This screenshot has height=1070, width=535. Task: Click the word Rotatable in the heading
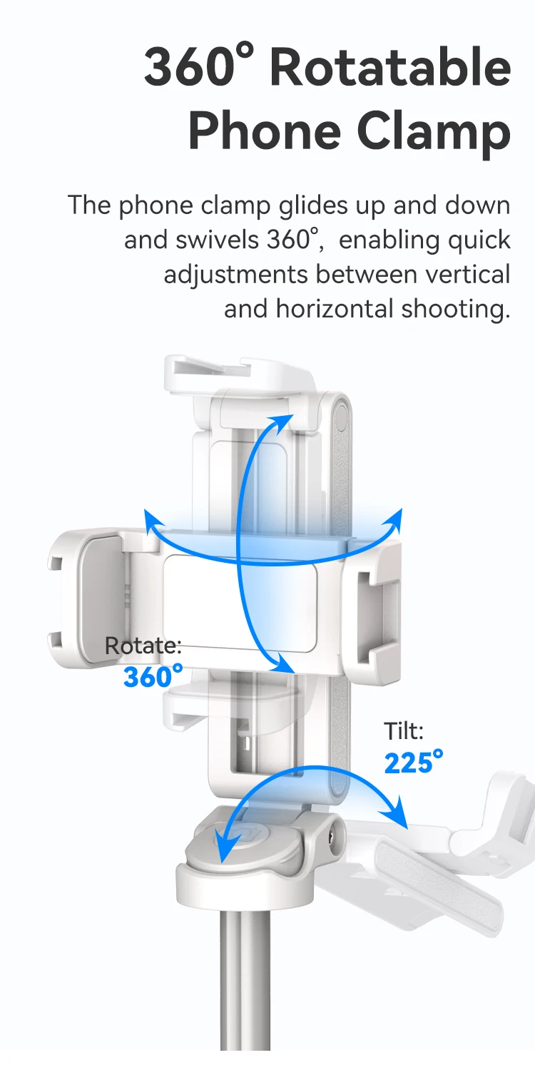click(390, 67)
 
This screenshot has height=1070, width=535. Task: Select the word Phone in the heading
click(265, 131)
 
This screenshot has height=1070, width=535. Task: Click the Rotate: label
click(143, 646)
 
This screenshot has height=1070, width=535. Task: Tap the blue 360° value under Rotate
click(153, 676)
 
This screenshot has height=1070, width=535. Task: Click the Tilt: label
click(404, 731)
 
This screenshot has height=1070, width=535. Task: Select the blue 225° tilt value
click(414, 762)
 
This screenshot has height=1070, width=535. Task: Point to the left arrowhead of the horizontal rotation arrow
click(153, 520)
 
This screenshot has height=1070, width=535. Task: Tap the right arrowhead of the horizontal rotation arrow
click(394, 520)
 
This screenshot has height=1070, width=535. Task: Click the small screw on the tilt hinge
click(332, 837)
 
